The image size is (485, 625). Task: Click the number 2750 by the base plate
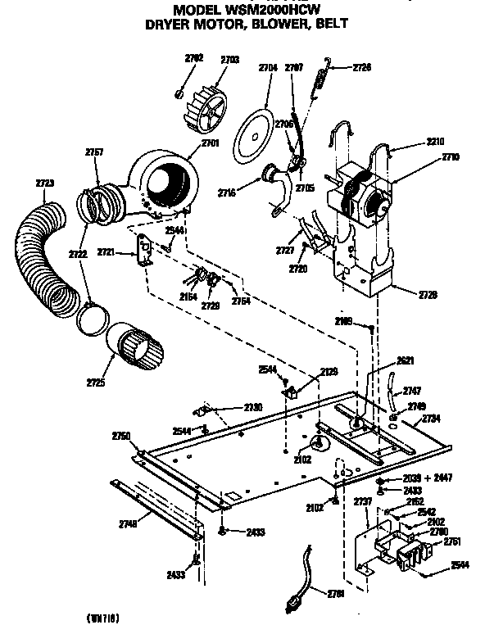(121, 436)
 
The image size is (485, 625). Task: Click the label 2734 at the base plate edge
(432, 419)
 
